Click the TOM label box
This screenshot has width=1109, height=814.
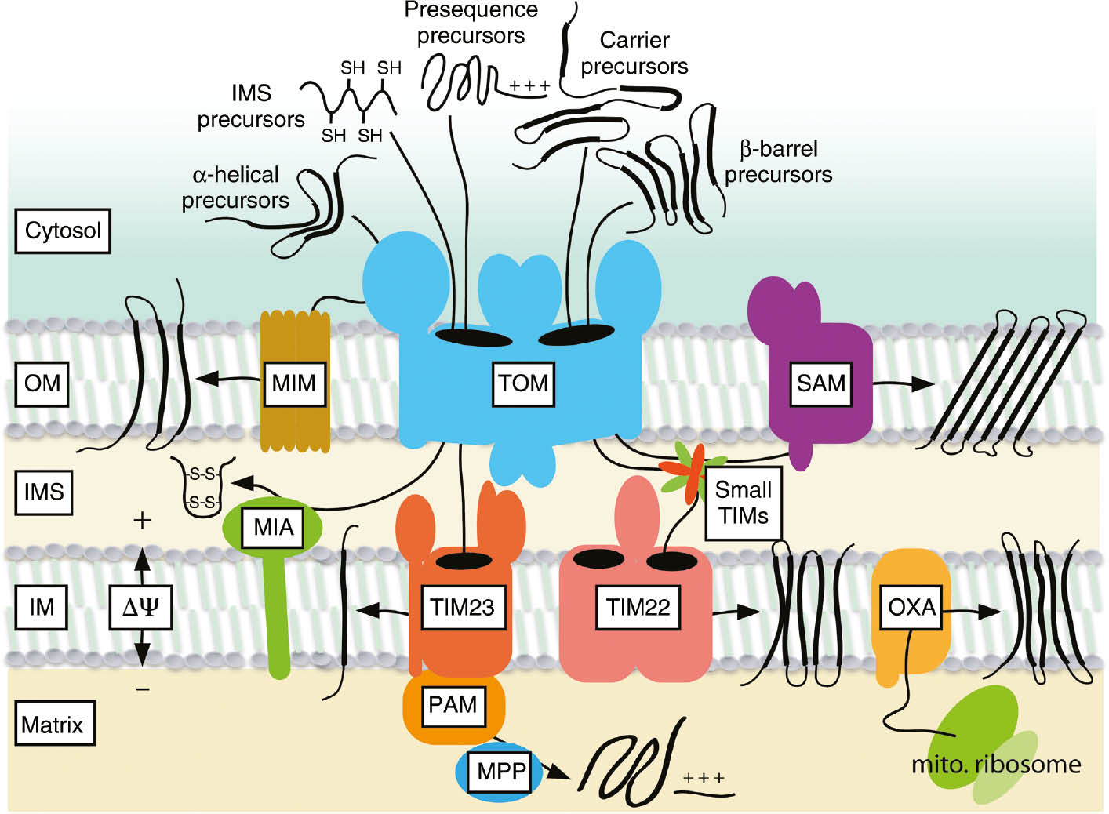523,383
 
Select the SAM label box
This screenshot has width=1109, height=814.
820,383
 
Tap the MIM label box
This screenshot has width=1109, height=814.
294,383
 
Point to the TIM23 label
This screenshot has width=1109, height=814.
462,607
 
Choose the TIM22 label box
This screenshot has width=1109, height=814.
638,607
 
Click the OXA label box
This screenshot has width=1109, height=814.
911,607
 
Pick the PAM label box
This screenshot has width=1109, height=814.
453,704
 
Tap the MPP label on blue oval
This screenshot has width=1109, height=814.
500,771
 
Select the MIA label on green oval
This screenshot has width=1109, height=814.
273,527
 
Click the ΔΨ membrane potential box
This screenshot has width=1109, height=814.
140,607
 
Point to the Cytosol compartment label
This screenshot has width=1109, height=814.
63,231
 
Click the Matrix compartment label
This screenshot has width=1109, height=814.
53,724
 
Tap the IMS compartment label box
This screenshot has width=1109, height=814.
44,492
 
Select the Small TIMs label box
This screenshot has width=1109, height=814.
743,503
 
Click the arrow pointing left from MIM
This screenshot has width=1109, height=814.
227,380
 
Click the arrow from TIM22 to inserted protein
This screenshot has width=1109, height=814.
737,612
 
